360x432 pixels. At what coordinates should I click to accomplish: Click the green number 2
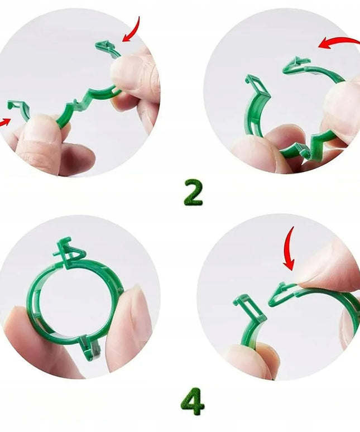point(193,193)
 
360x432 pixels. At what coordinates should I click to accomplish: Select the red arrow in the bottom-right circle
point(289,249)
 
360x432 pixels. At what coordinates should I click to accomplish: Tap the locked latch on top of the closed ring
point(69,251)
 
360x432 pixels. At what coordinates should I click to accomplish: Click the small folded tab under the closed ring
point(89,346)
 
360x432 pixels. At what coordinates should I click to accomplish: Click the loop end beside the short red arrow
point(17,107)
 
